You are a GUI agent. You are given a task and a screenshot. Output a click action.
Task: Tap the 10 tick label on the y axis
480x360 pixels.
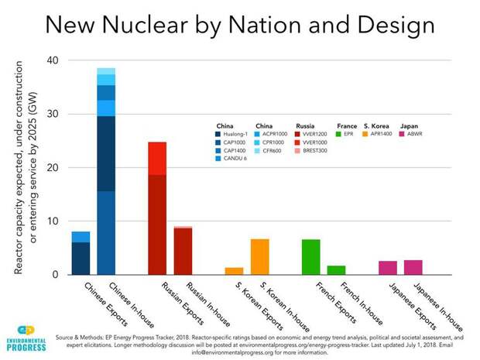pos(52,221)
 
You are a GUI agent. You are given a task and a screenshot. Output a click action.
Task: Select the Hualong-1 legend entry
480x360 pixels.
pos(233,134)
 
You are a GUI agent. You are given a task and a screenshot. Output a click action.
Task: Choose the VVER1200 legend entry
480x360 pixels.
pos(314,134)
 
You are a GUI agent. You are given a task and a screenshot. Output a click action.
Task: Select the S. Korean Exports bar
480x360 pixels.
pos(234,271)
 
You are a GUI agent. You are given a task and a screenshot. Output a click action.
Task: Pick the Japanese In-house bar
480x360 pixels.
pos(413,267)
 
